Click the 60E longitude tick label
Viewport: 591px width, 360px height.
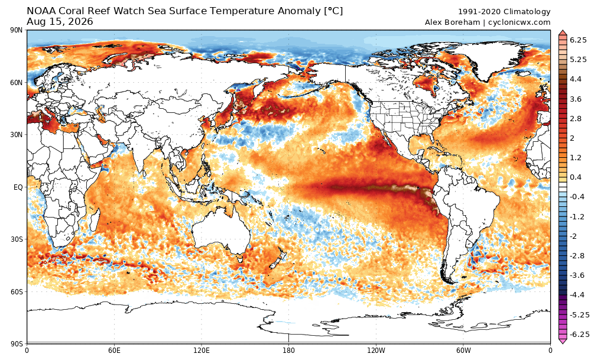click(x=114, y=351)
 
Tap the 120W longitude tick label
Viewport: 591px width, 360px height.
click(x=376, y=351)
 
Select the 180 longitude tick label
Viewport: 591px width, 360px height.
click(x=289, y=351)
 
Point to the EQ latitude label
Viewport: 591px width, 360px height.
click(x=18, y=187)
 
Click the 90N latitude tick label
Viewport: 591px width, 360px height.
click(x=17, y=30)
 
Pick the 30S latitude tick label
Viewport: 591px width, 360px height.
click(x=17, y=239)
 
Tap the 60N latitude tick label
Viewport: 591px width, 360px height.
click(x=17, y=83)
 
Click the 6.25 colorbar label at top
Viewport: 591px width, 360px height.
click(x=578, y=40)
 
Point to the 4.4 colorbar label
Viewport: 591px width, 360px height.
click(x=576, y=79)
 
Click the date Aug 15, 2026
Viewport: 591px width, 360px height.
click(x=60, y=22)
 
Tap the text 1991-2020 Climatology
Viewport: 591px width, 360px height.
click(x=504, y=12)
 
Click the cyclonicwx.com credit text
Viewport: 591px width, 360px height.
click(x=519, y=22)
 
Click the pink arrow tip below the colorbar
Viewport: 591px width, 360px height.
click(x=563, y=342)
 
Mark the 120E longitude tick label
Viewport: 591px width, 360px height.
click(x=202, y=351)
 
